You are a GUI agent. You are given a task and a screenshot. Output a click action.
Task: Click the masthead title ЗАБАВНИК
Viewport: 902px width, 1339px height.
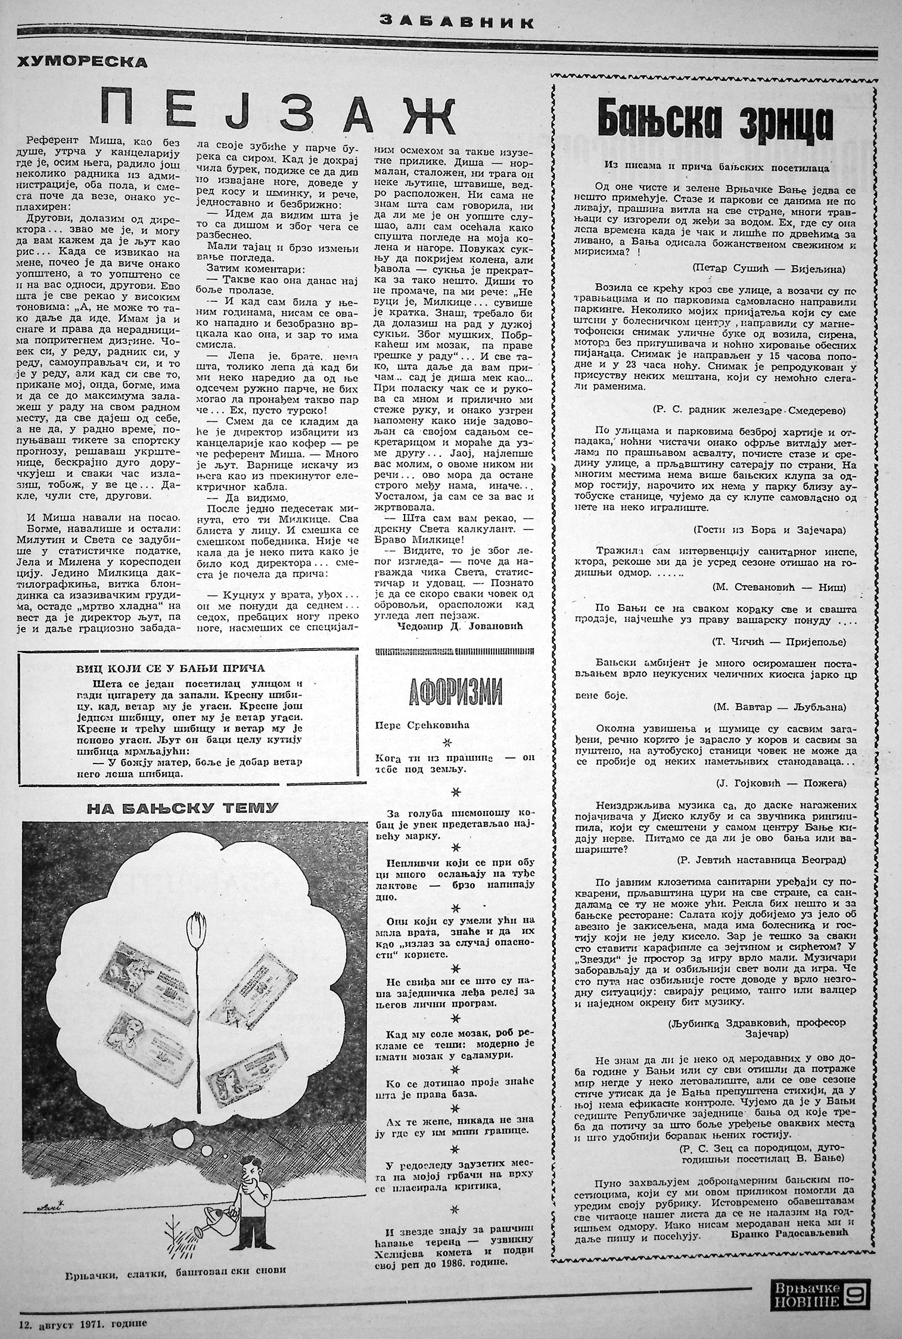tap(456, 23)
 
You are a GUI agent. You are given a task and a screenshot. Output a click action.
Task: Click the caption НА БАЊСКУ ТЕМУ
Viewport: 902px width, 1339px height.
tap(182, 808)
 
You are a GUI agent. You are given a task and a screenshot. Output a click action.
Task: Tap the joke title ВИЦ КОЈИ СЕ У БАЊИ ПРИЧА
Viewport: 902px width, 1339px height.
tap(170, 668)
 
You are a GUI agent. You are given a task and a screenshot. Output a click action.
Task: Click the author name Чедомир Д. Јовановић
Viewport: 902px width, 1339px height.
tap(458, 626)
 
